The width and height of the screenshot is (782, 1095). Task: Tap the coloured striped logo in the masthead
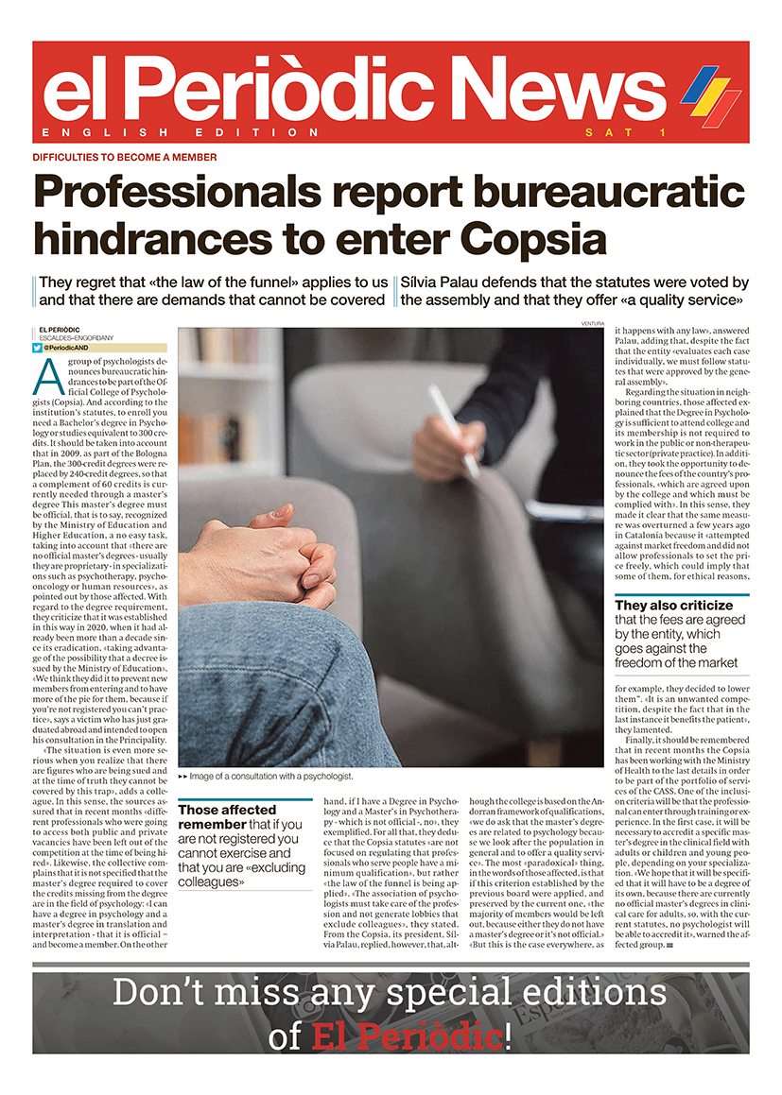pos(711,94)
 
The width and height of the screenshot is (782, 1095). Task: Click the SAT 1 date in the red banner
pos(625,132)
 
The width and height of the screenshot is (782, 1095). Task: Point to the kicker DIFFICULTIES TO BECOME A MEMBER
pos(125,157)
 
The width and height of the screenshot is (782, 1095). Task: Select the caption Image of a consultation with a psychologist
pos(270,776)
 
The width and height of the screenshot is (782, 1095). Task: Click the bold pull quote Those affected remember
pos(227,817)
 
